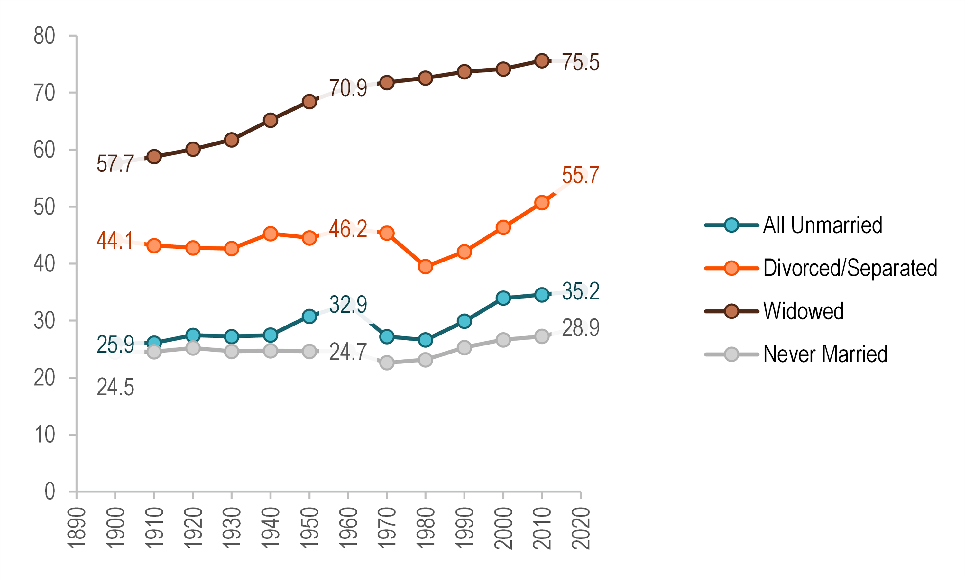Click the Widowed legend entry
pos(803,311)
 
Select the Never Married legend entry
pos(825,354)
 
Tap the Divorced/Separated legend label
pos(850,268)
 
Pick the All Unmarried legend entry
pos(822,225)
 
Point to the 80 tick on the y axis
pos(44,36)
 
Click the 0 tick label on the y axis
pos(50,491)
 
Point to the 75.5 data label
pos(580,62)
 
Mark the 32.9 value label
pos(348,304)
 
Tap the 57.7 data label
pos(115,163)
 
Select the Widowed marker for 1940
pos(270,120)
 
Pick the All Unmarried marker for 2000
pos(503,298)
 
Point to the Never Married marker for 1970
pos(387,363)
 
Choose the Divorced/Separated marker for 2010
pos(542,203)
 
